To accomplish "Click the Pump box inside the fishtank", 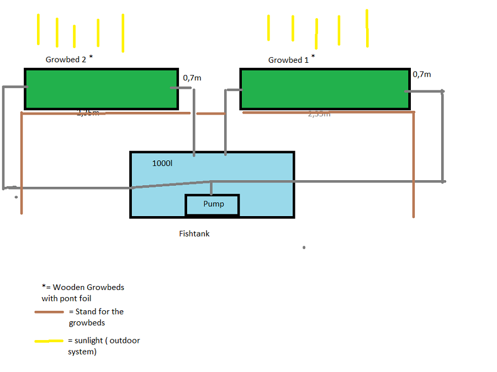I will [x=213, y=204].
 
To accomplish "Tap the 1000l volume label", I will [x=162, y=164].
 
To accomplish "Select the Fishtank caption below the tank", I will [x=194, y=234].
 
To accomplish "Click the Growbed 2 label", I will [x=66, y=60].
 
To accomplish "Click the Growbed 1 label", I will [x=288, y=60].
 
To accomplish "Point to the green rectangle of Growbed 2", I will [x=101, y=89].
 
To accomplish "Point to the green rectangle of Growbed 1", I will [x=325, y=89].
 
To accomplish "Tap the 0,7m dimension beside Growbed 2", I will [x=192, y=78].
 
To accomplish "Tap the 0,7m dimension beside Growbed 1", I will [x=422, y=74].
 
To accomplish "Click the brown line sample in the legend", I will [x=49, y=312].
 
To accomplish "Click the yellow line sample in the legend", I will [x=49, y=341].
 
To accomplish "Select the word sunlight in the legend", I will [x=88, y=341].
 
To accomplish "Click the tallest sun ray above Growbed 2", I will [x=123, y=33].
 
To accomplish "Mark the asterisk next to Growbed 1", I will [x=313, y=57].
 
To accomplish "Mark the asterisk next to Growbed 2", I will [x=91, y=57].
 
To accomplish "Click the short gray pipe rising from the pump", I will [x=212, y=188].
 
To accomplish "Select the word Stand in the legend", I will [x=86, y=312].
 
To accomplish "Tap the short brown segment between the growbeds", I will [x=210, y=114].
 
